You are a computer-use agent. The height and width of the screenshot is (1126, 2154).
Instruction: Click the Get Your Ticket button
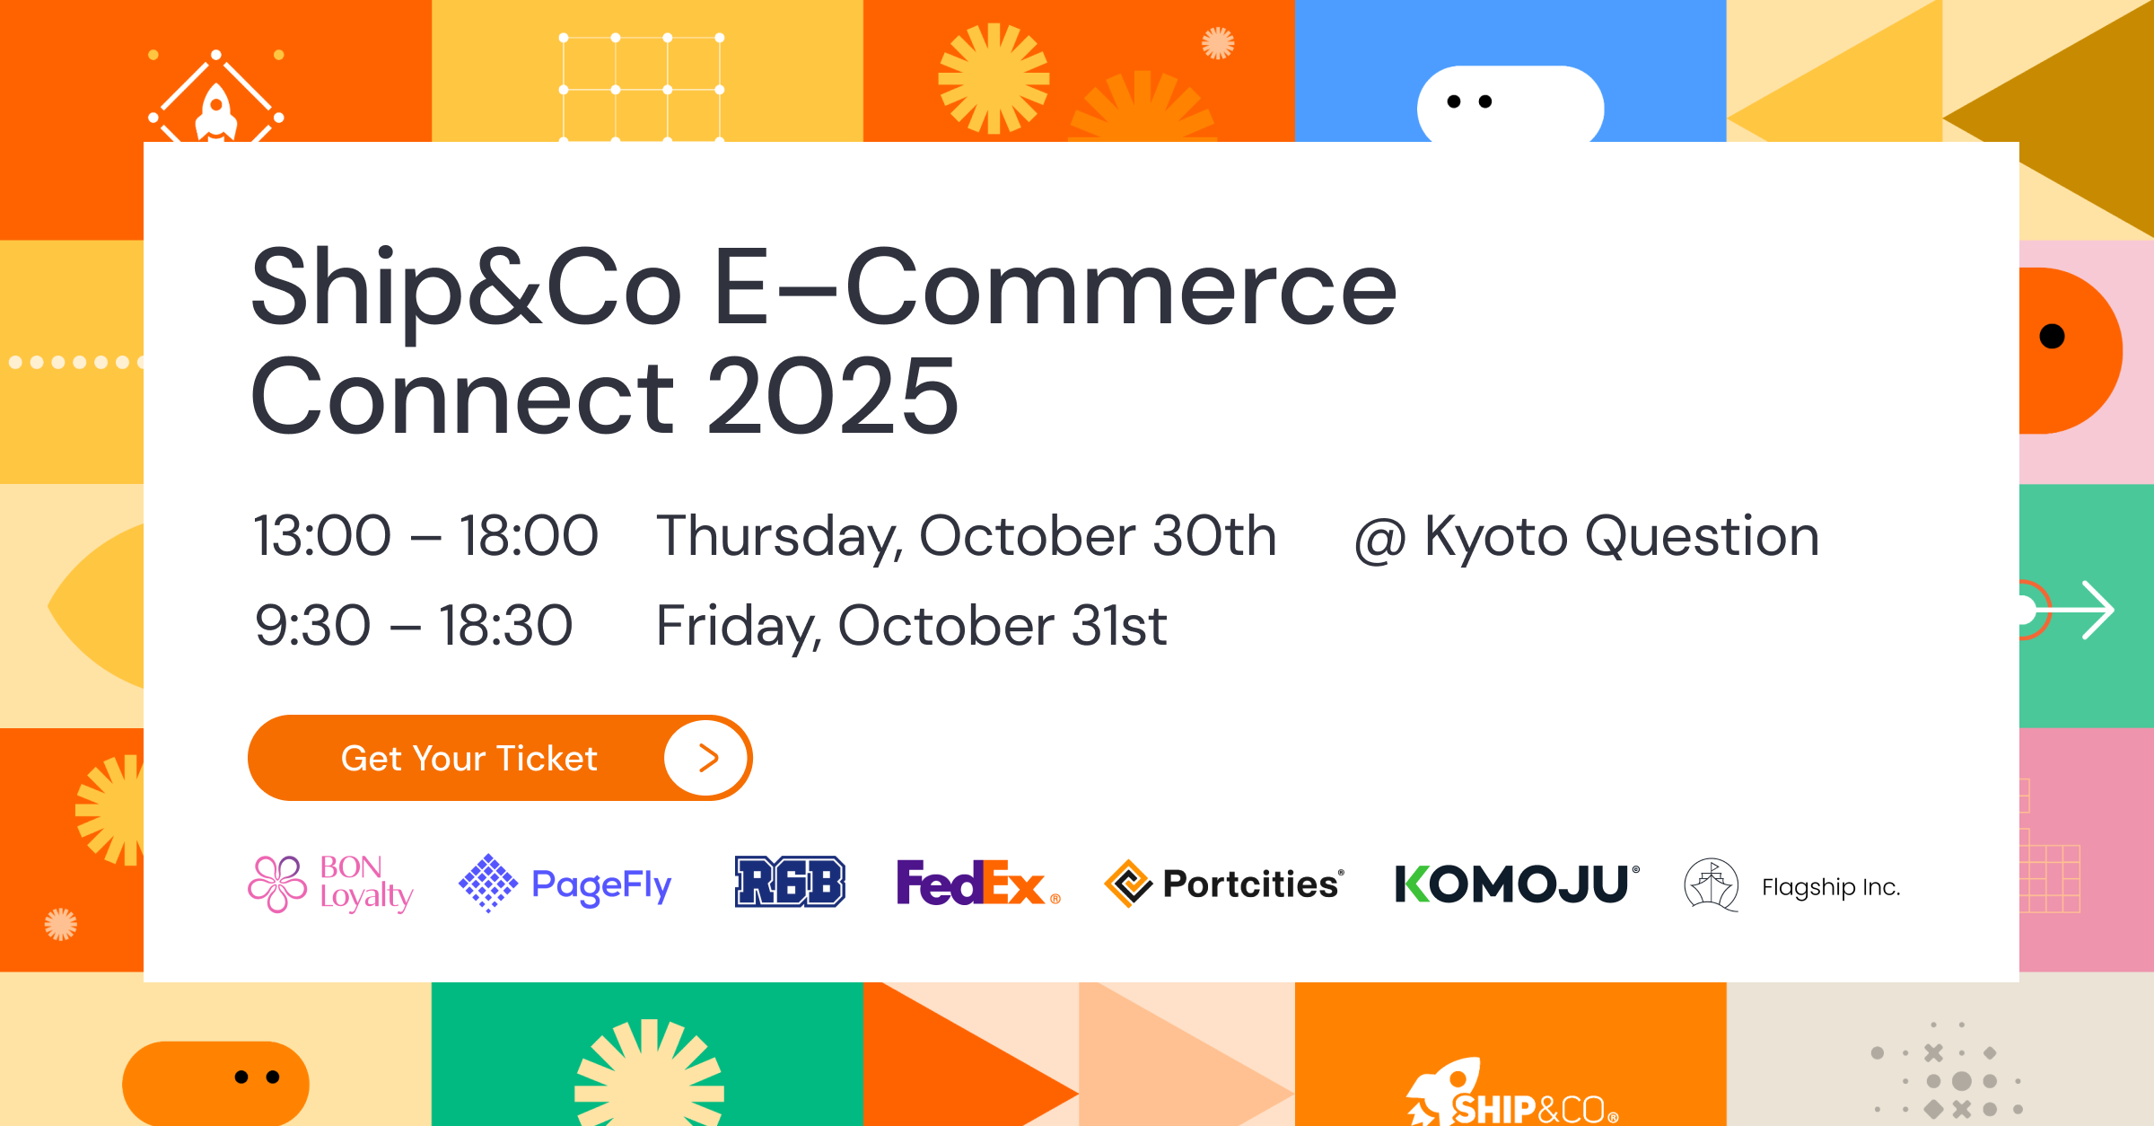tap(500, 758)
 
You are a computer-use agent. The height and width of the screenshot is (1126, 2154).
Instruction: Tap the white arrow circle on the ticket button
tap(706, 759)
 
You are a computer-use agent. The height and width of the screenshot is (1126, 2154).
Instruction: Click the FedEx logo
tap(978, 883)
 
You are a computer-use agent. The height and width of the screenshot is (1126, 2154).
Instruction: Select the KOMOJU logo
tap(1517, 884)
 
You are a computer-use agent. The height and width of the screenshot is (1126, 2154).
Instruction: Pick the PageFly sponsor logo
tap(565, 884)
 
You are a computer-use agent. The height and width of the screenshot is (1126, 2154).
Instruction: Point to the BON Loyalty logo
tap(330, 884)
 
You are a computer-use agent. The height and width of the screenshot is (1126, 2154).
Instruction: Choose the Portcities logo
tap(1224, 884)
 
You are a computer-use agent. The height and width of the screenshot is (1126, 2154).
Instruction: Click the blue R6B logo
tap(790, 882)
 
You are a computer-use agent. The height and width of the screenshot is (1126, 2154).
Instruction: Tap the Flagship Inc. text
tap(1831, 887)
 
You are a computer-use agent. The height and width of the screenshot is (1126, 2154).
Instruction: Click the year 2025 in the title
tap(833, 395)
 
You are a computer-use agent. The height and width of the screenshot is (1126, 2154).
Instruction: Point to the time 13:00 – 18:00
tap(425, 536)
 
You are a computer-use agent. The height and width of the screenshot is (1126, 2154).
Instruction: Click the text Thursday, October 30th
tap(966, 537)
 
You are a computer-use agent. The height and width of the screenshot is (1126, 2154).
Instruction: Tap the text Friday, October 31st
tap(911, 626)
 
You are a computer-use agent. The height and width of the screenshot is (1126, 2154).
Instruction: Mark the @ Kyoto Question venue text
tap(1587, 537)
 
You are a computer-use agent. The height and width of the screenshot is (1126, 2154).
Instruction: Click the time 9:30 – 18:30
tap(414, 626)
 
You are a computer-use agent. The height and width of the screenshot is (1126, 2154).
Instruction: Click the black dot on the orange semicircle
tap(2052, 336)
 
